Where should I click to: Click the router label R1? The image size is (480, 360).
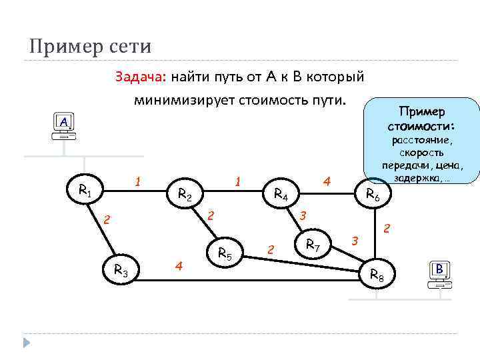point(85,191)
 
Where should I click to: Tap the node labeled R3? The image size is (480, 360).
point(121,270)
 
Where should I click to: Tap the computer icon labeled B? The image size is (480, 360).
point(440,273)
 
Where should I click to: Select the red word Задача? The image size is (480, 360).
point(141,76)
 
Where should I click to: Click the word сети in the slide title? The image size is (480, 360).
point(130,47)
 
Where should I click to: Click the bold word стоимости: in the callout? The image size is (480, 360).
point(421,126)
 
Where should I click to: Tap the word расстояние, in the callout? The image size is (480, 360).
point(421,141)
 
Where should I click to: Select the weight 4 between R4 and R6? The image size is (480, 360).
point(326,181)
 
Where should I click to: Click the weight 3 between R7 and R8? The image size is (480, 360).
point(355,239)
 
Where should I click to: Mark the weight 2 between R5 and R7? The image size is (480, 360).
point(271,249)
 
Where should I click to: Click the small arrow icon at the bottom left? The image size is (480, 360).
point(27,343)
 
